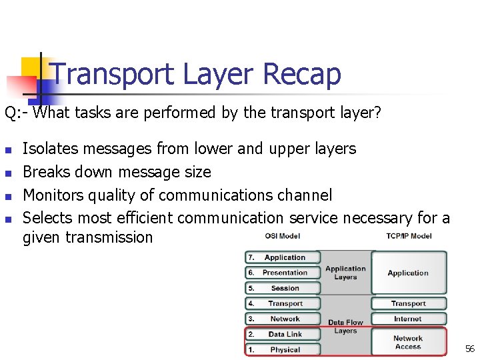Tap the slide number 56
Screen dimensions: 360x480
(x=469, y=349)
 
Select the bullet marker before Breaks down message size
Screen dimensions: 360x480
(x=8, y=173)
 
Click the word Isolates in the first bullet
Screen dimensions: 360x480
(x=49, y=149)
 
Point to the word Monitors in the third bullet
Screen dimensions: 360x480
(x=53, y=195)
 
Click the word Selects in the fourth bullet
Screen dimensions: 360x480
(x=47, y=217)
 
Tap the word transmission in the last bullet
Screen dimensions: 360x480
(x=87, y=237)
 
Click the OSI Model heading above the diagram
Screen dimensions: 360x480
(x=282, y=235)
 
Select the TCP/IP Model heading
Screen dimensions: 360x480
(x=408, y=235)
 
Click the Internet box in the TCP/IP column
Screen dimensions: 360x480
(x=408, y=319)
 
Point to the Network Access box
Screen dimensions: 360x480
(x=408, y=342)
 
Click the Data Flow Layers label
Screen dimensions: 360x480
(x=345, y=327)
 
